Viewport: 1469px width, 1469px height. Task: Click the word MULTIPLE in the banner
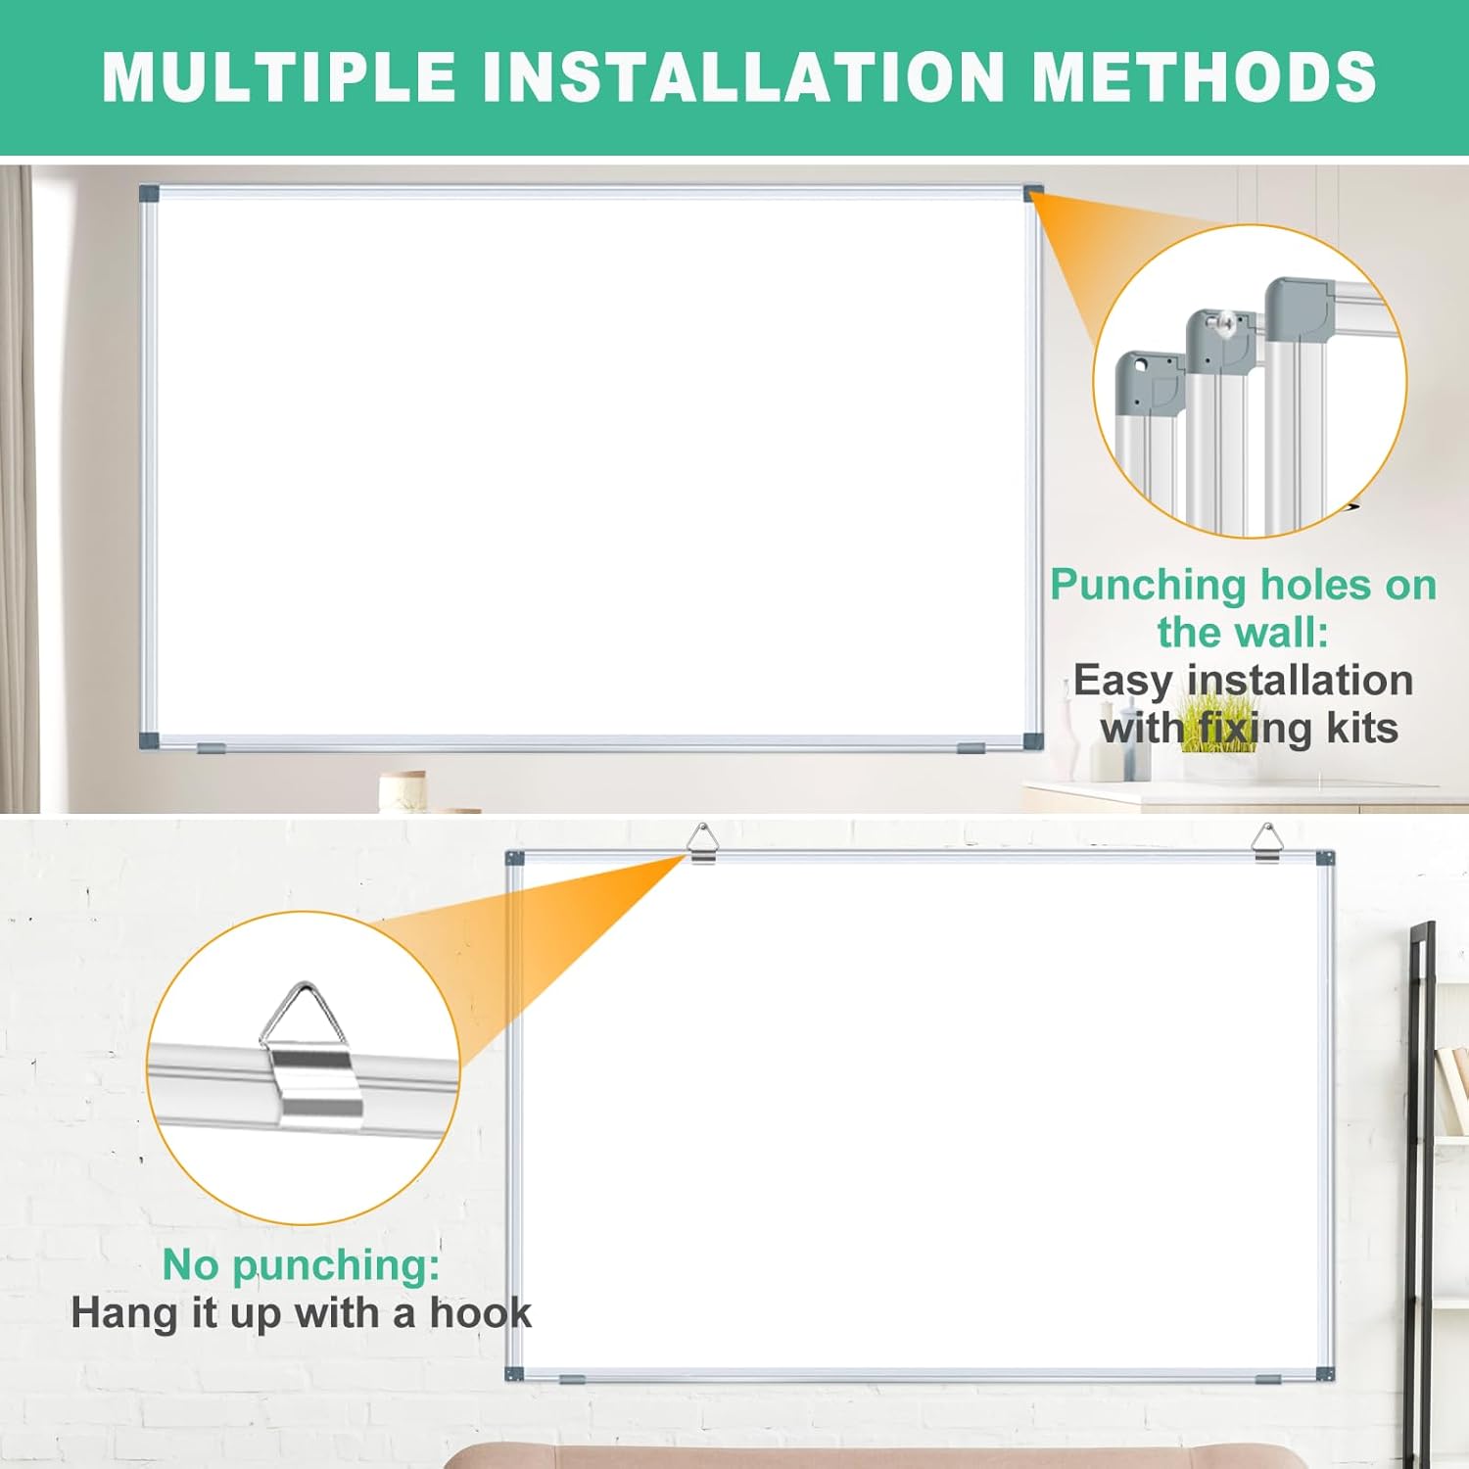279,76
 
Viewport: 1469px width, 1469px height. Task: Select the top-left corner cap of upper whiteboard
149,192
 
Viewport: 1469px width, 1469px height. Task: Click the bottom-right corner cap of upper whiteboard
1033,739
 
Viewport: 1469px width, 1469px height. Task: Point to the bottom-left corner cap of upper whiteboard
149,739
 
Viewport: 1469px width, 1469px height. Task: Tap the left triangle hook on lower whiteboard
701,843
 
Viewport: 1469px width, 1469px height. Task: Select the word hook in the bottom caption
480,1313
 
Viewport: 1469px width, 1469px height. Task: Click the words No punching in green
301,1264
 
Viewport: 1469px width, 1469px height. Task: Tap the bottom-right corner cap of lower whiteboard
1324,1374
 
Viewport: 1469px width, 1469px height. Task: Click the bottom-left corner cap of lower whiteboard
514,1374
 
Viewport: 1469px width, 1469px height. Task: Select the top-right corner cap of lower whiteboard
1324,859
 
